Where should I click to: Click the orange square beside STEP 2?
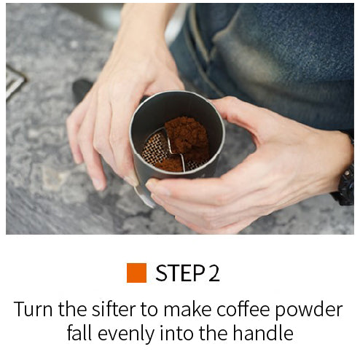136,273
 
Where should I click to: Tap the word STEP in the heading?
180,273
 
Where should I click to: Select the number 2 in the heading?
214,273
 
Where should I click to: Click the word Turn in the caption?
33,309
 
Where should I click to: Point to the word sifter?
114,309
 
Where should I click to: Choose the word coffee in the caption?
243,309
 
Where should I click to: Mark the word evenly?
126,334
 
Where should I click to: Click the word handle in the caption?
263,332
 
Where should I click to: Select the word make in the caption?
187,309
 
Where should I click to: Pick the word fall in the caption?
79,332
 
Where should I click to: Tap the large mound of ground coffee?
187,138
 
